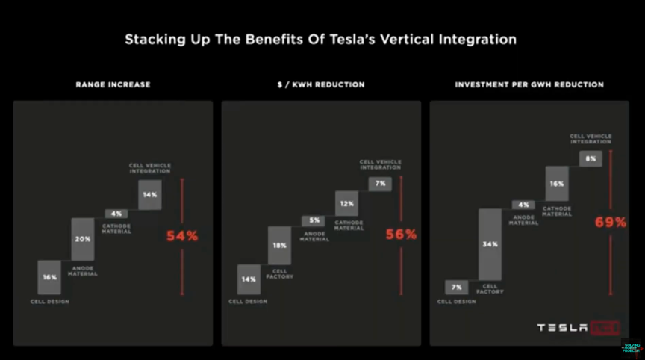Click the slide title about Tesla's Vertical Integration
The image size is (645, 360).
320,39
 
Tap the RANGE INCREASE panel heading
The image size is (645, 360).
113,85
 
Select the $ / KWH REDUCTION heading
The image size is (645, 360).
320,85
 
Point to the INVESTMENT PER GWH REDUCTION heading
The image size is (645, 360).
529,85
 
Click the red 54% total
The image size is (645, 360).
182,236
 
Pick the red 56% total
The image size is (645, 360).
401,234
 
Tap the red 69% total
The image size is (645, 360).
611,222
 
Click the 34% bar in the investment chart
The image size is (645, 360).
490,243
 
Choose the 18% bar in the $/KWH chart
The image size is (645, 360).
280,245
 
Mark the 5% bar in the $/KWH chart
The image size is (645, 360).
313,220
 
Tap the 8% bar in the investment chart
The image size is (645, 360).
591,158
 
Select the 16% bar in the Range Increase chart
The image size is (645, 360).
49,277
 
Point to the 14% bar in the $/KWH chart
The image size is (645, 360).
249,279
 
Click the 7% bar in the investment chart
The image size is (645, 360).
456,287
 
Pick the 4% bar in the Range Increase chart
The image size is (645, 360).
116,214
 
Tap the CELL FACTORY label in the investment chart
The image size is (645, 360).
490,288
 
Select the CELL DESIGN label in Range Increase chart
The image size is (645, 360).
49,302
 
